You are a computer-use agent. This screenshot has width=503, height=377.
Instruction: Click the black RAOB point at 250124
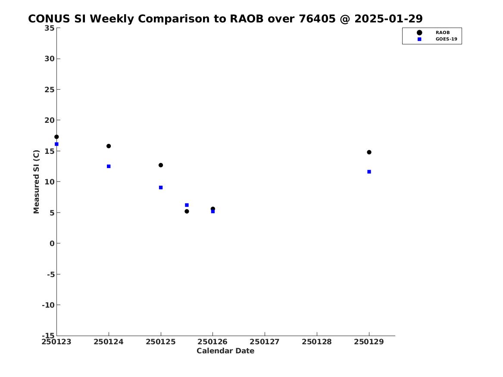coord(109,146)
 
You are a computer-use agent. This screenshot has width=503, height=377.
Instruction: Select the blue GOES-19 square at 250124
coord(109,166)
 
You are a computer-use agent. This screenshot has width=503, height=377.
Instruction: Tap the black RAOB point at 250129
coord(369,152)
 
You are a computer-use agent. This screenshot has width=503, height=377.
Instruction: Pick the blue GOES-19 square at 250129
coord(369,172)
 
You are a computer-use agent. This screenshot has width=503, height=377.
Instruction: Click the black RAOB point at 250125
coord(161,165)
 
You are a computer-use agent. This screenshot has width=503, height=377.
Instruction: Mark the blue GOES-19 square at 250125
coord(161,187)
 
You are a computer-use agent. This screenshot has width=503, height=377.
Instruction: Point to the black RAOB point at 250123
coord(56,137)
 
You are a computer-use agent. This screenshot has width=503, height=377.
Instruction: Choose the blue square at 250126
coord(212,212)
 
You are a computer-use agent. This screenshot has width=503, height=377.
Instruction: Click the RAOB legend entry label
coord(443,33)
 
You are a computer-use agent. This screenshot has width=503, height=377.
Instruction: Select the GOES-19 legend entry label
coord(446,39)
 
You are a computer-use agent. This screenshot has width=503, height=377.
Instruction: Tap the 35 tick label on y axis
coord(50,28)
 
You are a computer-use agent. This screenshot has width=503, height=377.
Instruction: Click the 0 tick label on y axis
coord(52,243)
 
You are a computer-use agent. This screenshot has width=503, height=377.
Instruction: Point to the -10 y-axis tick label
coord(48,305)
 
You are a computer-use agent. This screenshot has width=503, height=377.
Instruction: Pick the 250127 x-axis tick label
coord(265,342)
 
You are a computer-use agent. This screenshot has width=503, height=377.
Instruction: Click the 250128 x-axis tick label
coord(317,342)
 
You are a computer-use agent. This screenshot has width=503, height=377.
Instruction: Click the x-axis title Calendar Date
coord(225,351)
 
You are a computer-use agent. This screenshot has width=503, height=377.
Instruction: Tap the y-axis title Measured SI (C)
coord(36,182)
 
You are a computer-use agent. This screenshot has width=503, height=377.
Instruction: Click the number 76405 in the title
coord(317,19)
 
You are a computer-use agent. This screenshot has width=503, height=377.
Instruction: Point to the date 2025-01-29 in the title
coord(388,19)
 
